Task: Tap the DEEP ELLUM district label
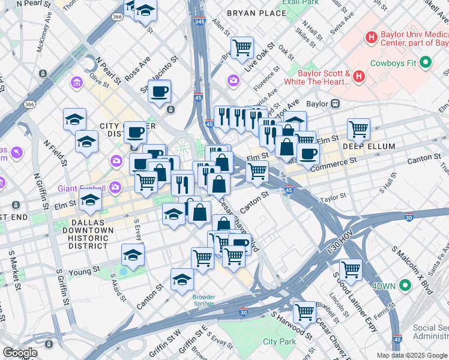coord(369,146)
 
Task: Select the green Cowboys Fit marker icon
coord(426,62)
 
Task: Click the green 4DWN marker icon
coord(406,286)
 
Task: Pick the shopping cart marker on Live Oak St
coord(242,47)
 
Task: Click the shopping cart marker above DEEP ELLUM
coord(358,128)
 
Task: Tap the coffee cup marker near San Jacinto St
coord(160,91)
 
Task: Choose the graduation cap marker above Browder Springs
coord(182,280)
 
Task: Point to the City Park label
coord(279,341)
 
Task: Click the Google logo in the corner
coord(20,353)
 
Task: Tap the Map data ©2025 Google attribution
coord(412,355)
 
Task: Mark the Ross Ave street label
coord(137,70)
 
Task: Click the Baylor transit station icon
coord(335,103)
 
